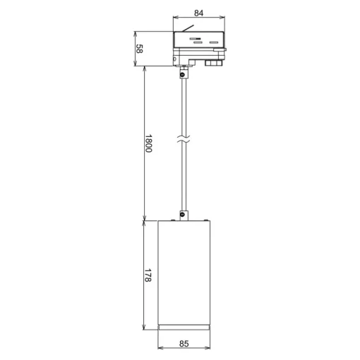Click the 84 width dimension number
(198, 13)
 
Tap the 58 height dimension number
(139, 49)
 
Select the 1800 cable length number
(148, 143)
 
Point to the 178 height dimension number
(148, 275)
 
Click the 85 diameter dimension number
(184, 344)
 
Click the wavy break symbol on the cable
(184, 138)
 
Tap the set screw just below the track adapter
(182, 75)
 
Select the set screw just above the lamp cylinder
(182, 215)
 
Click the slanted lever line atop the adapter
(188, 28)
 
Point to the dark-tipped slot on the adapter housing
(196, 39)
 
